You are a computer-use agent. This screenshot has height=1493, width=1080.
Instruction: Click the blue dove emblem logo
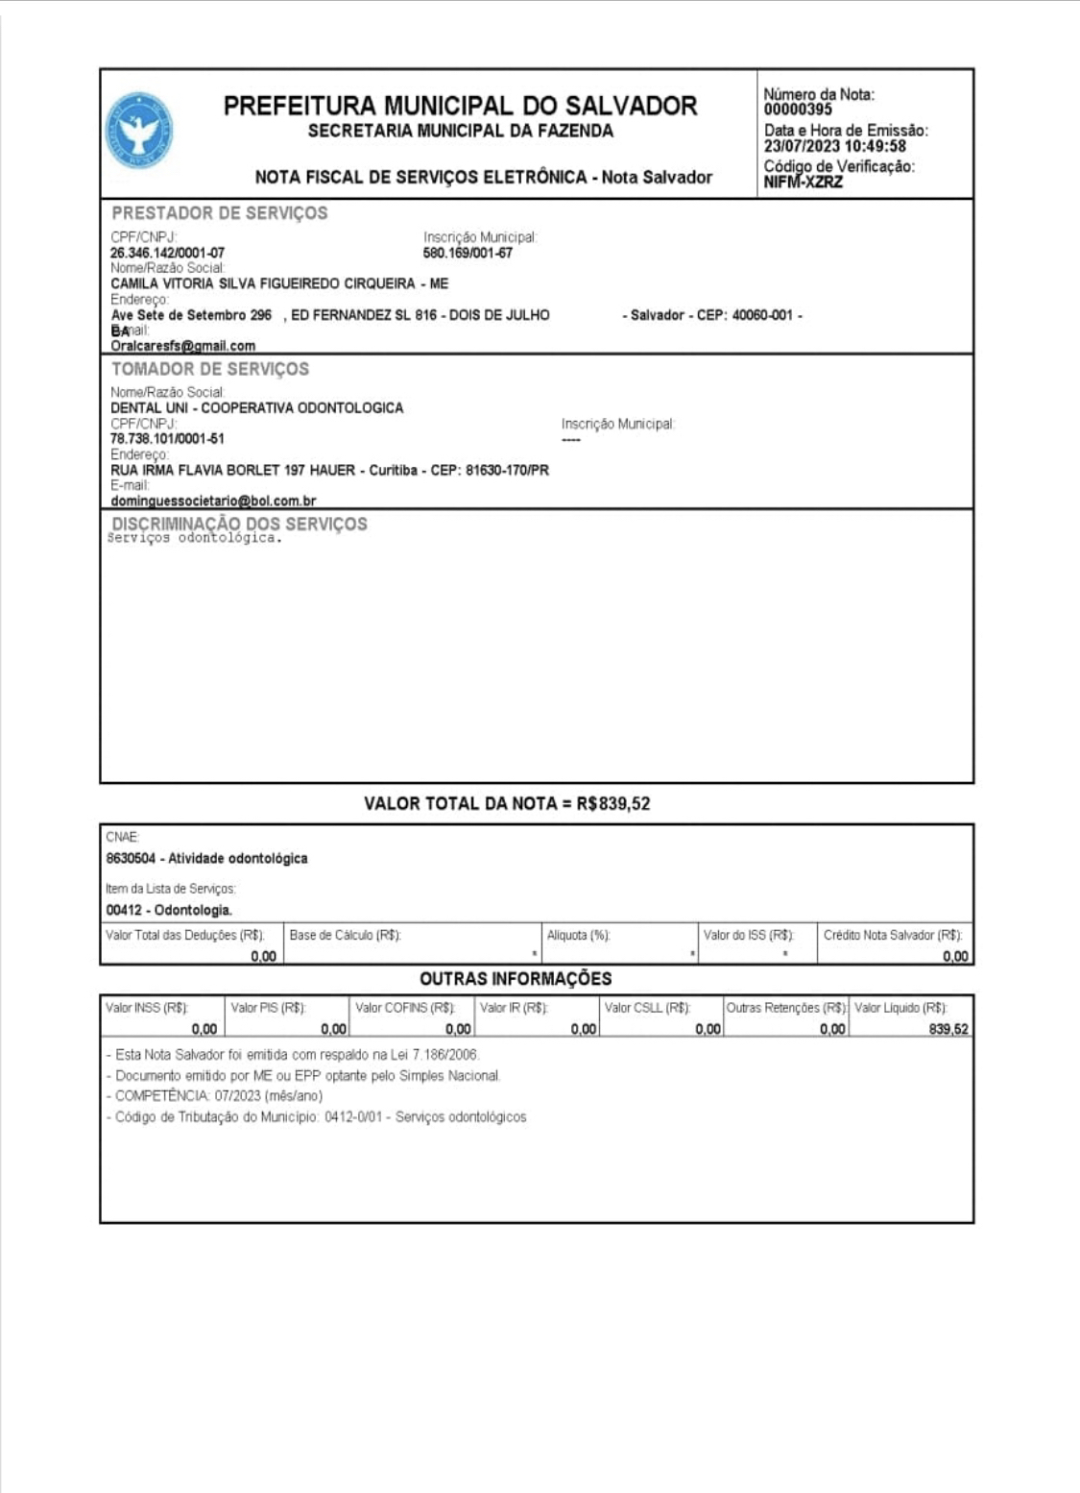[x=139, y=132]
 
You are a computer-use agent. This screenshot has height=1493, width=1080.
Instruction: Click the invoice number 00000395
[x=798, y=110]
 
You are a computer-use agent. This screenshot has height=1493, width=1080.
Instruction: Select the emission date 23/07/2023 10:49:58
[x=834, y=146]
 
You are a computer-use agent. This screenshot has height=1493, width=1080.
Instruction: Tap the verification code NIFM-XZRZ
[x=803, y=183]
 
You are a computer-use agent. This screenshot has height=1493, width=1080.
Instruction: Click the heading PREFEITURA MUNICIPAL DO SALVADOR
[x=460, y=106]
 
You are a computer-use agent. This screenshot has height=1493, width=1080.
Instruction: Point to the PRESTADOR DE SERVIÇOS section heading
[x=219, y=213]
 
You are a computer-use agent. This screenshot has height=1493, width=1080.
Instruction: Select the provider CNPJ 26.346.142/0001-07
[x=167, y=254]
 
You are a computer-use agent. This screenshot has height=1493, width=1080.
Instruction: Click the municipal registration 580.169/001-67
[x=468, y=254]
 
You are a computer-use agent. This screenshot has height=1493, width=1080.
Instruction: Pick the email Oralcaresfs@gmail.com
[x=182, y=346]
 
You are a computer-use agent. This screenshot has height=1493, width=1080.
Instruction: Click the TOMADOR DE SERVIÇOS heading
[x=209, y=369]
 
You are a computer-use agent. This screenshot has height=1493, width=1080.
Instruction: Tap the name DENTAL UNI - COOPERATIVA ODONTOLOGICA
[x=256, y=408]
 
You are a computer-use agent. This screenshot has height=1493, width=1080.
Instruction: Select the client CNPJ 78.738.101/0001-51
[x=167, y=439]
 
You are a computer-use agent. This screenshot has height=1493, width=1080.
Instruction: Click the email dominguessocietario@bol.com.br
[x=213, y=501]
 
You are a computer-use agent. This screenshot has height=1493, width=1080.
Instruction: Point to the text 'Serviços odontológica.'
[x=194, y=538]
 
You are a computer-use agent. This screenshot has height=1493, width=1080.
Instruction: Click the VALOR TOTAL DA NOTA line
[x=506, y=804]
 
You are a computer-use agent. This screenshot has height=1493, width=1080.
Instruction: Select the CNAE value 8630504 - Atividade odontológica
[x=206, y=859]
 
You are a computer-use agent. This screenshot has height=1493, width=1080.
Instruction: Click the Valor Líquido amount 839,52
[x=948, y=1030]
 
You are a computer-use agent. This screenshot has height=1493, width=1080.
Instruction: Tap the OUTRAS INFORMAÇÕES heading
[x=516, y=979]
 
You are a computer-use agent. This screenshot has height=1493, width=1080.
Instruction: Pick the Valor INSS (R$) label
[x=147, y=1008]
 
